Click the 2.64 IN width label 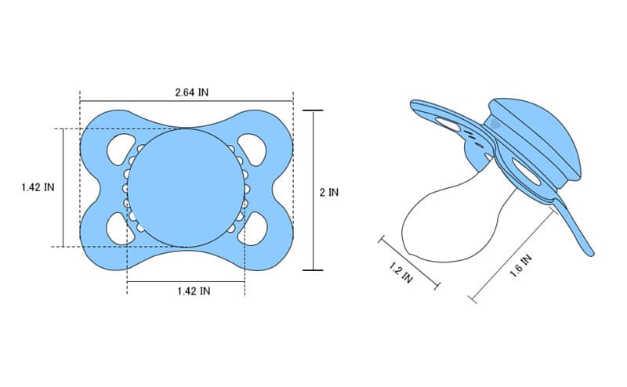click(191, 92)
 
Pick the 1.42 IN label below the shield click(193, 291)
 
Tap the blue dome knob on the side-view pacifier click(541, 137)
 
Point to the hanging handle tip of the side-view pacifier click(588, 249)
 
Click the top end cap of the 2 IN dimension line click(313, 110)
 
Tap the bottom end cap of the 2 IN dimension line click(313, 270)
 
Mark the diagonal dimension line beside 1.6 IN click(509, 259)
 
